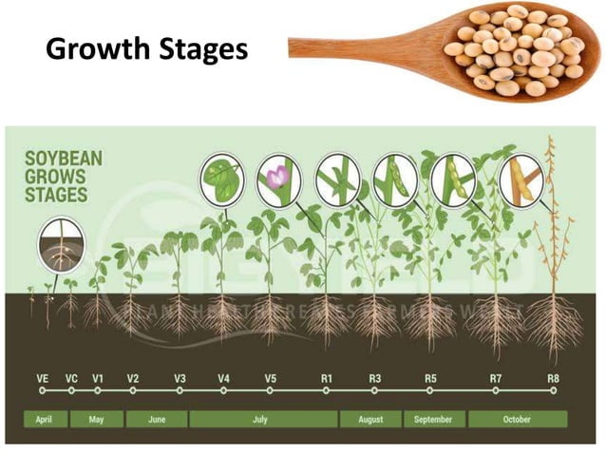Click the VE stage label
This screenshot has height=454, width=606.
43,378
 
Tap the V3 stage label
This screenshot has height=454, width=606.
180,378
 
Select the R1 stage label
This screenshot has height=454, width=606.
326,378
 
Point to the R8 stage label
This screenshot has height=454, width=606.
553,378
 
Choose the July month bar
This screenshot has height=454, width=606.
262,418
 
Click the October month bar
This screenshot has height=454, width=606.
517,418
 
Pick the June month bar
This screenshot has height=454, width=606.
155,418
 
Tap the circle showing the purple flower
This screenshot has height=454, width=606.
278,180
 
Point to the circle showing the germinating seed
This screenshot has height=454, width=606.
60,245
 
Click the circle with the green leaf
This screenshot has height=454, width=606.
222,180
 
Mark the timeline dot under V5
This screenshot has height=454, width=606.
270,389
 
